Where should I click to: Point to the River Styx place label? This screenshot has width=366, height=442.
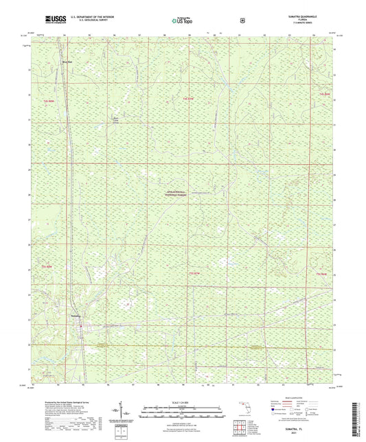(x=67, y=60)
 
